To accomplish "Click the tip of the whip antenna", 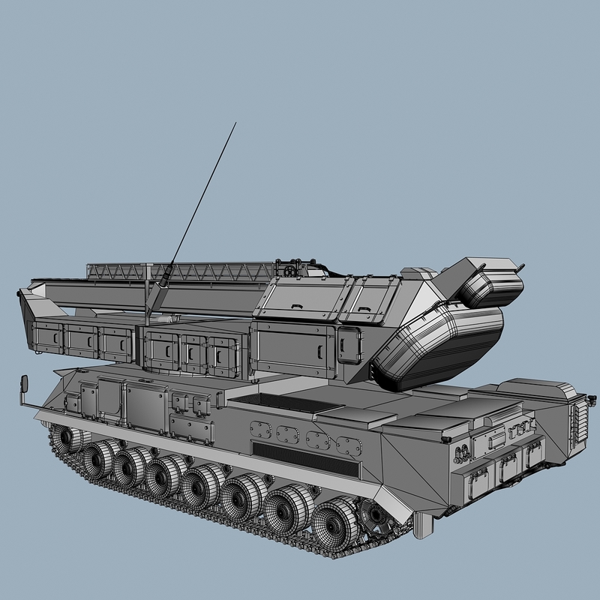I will tap(235, 123).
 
